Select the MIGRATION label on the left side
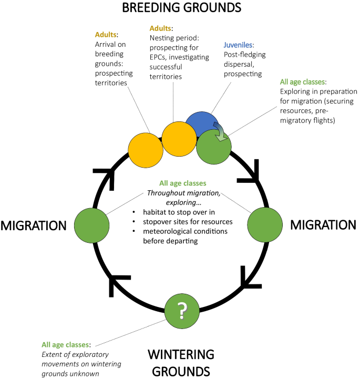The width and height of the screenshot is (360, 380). (33, 225)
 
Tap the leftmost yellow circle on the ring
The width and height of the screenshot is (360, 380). (146, 150)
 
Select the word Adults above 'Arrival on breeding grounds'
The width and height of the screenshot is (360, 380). (106, 35)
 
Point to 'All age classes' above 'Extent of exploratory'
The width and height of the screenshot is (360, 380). (66, 345)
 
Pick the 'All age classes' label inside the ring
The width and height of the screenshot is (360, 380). (176, 184)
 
